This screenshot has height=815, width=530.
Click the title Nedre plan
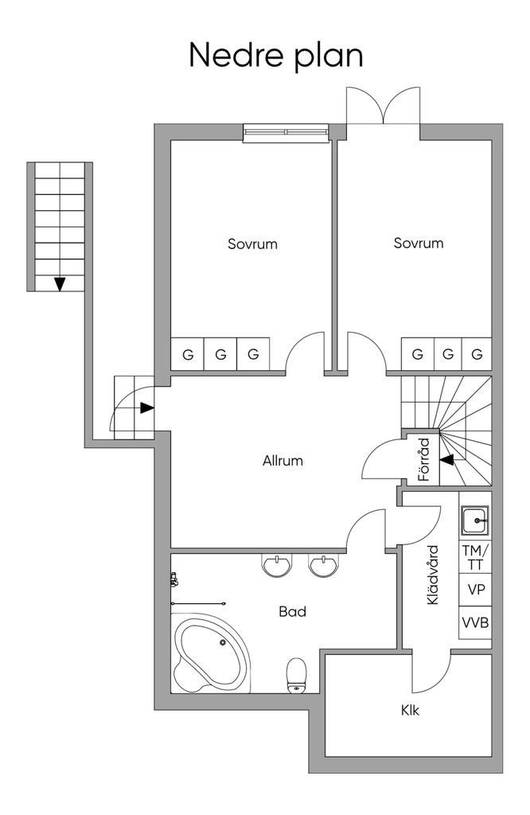[x=275, y=57]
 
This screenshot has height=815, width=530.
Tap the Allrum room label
[x=283, y=461]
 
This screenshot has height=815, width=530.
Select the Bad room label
[x=293, y=612]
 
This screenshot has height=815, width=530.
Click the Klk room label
[x=410, y=710]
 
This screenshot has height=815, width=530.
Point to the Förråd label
[x=424, y=459]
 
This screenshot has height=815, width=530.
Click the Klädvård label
[x=432, y=575]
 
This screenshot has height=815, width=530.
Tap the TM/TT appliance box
[x=475, y=557]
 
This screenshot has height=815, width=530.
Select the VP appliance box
[x=475, y=590]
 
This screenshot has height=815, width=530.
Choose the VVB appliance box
[x=475, y=622]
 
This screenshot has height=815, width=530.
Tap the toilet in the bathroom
[x=297, y=676]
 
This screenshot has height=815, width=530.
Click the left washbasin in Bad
[x=277, y=565]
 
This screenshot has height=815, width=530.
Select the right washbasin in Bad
[x=324, y=565]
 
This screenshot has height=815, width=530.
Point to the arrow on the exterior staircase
[x=60, y=284]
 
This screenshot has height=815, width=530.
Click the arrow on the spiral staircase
[x=447, y=459]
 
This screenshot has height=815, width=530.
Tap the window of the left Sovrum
[x=286, y=133]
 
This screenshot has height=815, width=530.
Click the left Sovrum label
[x=252, y=244]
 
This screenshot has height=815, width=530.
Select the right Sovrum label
[x=419, y=243]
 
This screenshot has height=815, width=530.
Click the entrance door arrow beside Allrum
[x=147, y=408]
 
